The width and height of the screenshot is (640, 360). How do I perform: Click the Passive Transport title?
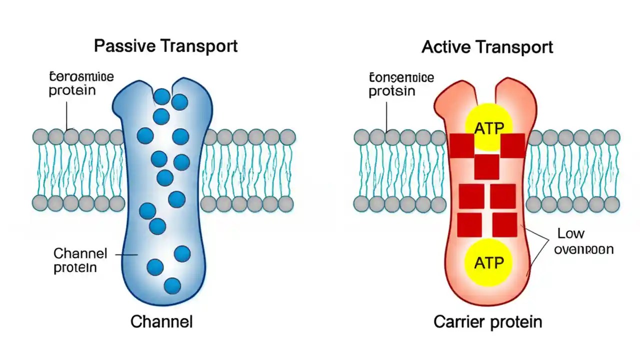165,46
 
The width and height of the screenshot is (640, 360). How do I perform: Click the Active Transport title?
487,47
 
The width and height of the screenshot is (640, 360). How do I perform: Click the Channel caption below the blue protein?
161,321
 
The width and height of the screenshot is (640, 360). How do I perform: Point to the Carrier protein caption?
487,321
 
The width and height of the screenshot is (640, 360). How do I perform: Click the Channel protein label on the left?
80,260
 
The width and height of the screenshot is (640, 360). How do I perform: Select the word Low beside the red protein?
570,233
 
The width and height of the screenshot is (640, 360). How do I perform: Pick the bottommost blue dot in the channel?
172,285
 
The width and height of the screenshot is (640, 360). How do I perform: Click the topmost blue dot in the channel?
162,96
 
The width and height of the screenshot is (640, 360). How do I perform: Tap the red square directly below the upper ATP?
486,166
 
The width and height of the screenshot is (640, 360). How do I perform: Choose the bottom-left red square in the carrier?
469,224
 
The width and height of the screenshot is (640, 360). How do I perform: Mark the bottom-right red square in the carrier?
504,224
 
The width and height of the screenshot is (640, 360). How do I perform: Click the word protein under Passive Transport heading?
72,91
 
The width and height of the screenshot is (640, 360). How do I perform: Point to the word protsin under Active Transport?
392,91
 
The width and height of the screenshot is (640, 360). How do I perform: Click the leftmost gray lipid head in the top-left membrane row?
40,136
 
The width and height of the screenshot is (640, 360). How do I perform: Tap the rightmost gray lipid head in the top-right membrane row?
612,136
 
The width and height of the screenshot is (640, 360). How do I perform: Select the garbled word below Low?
584,249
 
